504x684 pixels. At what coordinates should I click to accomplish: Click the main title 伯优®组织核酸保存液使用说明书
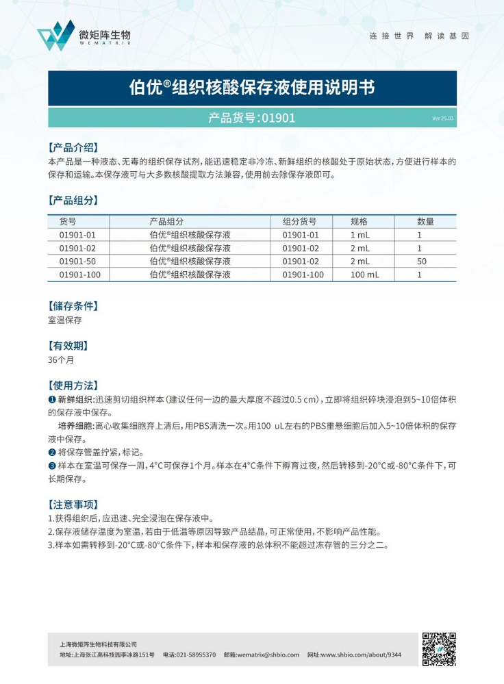click(252, 88)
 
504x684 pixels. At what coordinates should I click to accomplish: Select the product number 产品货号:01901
click(252, 118)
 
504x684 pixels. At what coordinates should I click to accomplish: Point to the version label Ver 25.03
click(442, 118)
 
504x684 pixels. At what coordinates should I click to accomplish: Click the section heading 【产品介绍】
click(73, 147)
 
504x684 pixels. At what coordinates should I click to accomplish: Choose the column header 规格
click(360, 221)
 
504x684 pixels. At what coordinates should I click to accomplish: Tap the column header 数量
click(426, 221)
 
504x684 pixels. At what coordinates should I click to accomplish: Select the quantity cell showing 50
click(422, 262)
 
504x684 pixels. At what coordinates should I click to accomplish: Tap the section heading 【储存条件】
click(73, 305)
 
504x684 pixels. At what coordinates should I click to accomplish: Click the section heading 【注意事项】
click(73, 504)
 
